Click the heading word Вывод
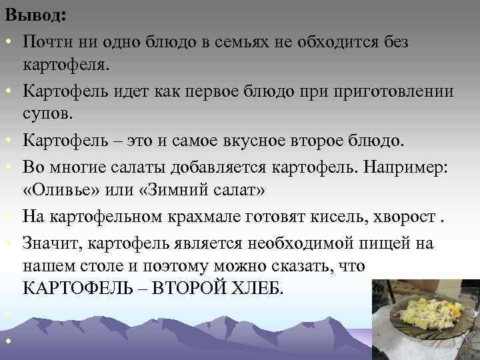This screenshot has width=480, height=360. pos(29,15)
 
